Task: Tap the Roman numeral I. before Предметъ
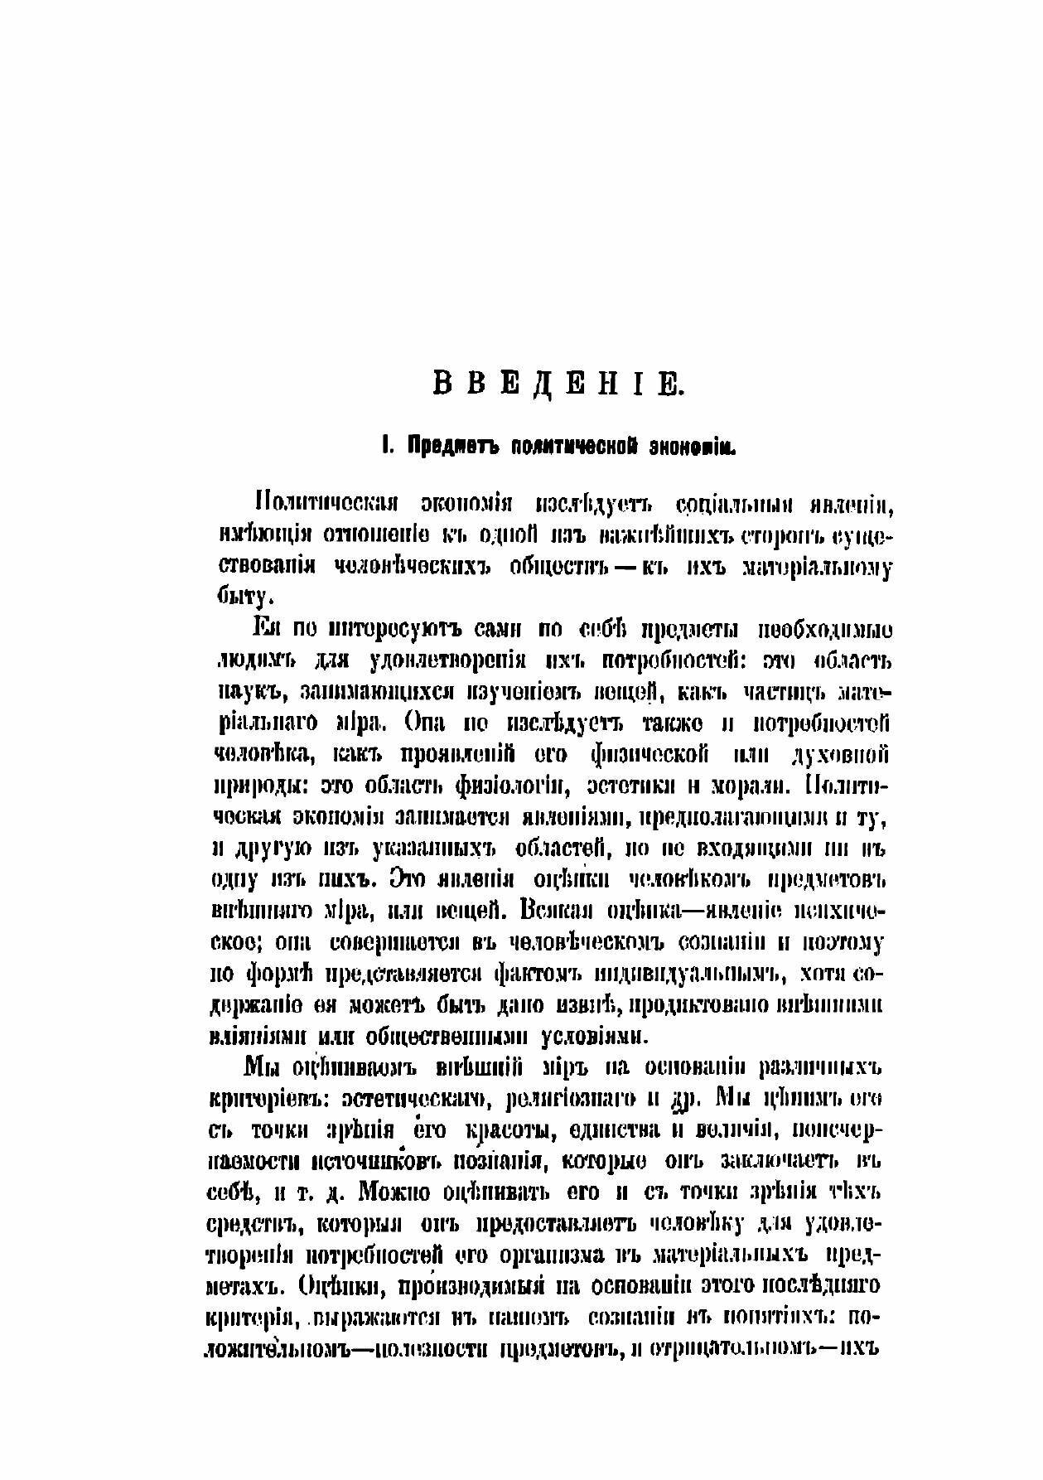click(384, 447)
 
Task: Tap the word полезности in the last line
click(421, 1347)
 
